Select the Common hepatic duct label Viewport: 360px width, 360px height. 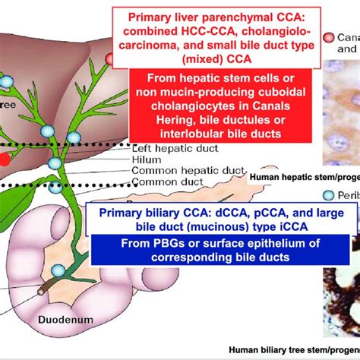click(x=172, y=172)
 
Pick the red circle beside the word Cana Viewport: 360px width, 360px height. click(x=327, y=37)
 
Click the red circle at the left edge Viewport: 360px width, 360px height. click(x=4, y=159)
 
